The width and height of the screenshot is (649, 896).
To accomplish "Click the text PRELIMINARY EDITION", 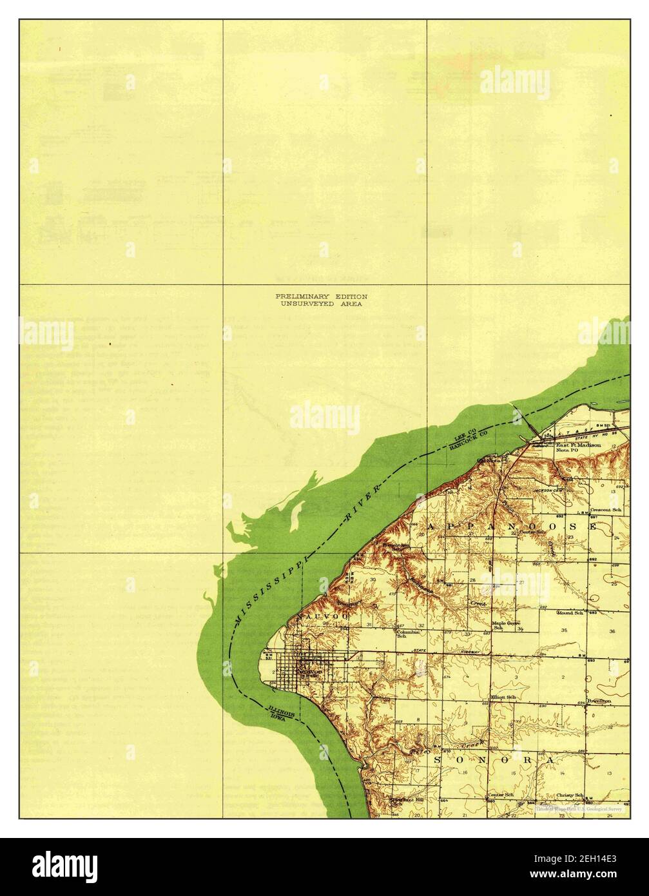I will coord(321,296).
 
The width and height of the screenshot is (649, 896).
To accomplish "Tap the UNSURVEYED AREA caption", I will coord(321,303).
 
